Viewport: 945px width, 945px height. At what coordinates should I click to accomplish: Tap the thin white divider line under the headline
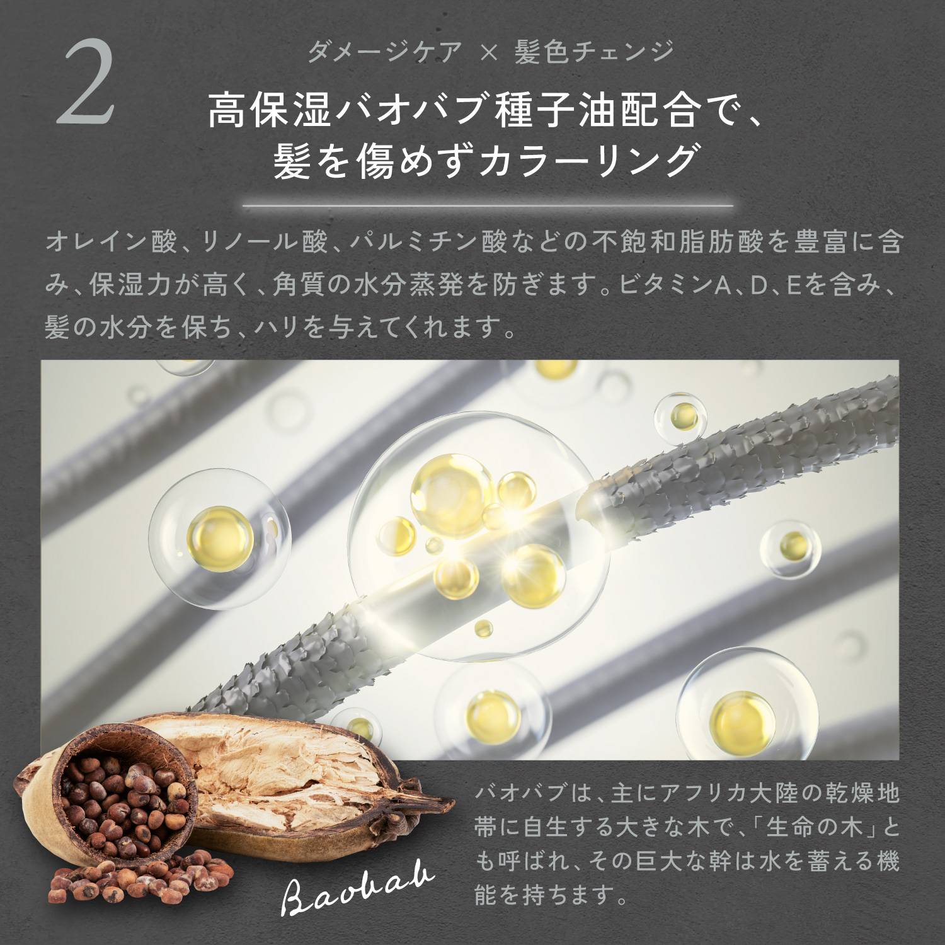click(x=488, y=205)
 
